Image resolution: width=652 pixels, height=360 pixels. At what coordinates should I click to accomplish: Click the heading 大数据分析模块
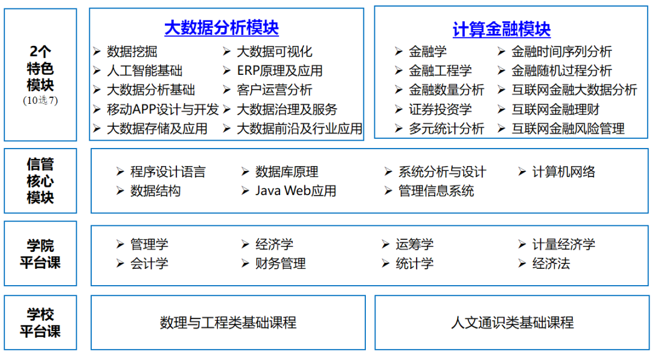click(x=221, y=28)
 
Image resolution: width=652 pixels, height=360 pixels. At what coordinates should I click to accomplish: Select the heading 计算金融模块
click(x=501, y=29)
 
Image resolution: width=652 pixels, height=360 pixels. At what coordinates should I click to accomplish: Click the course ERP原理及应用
click(x=280, y=71)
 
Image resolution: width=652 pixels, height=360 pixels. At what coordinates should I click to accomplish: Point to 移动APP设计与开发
click(x=162, y=109)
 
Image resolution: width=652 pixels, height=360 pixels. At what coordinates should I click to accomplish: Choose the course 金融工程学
click(x=440, y=71)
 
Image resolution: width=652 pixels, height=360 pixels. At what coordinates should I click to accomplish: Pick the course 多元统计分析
click(x=446, y=129)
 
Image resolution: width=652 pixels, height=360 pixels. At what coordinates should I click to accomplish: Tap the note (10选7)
click(x=40, y=100)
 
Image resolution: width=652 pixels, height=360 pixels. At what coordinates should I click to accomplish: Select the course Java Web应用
click(x=295, y=191)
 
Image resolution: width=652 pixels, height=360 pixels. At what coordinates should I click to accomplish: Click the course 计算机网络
click(x=563, y=172)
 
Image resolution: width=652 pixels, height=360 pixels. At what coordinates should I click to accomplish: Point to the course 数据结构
click(x=155, y=191)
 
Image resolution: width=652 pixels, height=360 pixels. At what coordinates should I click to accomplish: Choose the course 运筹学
click(x=414, y=244)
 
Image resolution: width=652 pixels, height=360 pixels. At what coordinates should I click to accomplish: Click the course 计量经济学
click(x=563, y=244)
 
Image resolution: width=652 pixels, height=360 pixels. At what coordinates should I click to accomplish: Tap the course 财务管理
click(x=280, y=263)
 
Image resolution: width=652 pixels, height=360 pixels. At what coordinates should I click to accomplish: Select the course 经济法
click(x=551, y=263)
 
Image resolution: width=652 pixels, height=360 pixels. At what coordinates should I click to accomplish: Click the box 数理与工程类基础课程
click(x=228, y=323)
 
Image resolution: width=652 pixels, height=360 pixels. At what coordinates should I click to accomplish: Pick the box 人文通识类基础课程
click(x=512, y=323)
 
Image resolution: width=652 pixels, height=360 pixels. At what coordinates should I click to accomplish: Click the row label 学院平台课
click(x=40, y=254)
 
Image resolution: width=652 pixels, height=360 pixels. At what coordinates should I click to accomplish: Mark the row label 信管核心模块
click(x=40, y=181)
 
